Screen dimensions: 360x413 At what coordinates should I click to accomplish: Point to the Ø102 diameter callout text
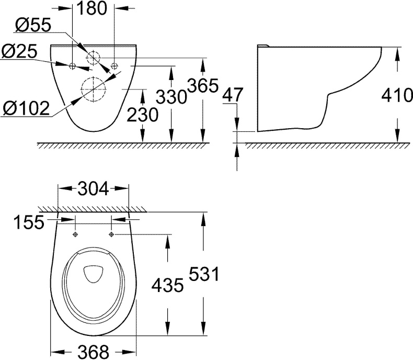coord(26,108)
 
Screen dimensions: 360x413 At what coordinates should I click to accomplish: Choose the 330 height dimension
coord(171,97)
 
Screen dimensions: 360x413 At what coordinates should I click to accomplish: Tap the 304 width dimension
coord(94,188)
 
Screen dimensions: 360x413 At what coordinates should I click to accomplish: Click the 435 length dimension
coord(167,285)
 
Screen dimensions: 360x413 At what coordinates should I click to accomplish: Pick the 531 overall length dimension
coord(201,274)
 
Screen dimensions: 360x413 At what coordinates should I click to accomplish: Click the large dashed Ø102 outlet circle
coord(92,88)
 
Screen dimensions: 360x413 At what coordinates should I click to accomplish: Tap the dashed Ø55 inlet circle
coord(93,57)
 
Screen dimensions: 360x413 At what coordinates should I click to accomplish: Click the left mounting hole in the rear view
coord(73,65)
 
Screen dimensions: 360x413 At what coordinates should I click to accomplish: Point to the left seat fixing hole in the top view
coord(76,234)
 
